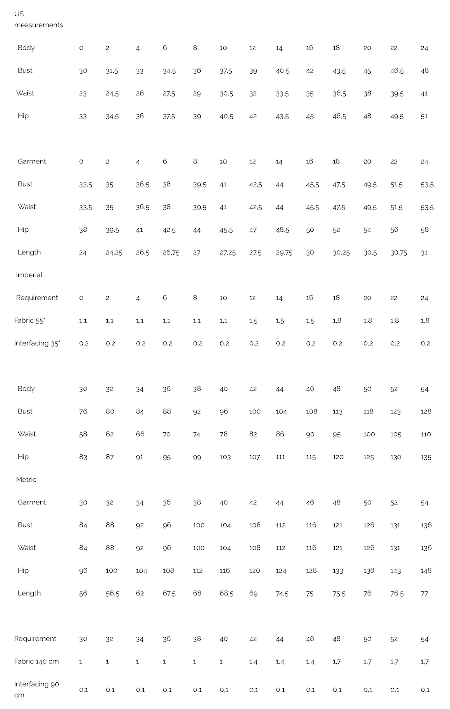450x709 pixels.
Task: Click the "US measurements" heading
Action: coord(38,19)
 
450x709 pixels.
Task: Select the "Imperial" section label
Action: coord(29,275)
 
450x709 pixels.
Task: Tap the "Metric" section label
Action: coord(26,479)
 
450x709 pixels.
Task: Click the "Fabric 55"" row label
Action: coord(30,320)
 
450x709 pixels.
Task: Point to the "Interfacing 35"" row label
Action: coord(37,343)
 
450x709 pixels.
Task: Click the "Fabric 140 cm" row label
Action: coord(36,661)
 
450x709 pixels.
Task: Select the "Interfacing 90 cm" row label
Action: coord(37,689)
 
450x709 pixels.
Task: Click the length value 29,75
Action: coord(284,253)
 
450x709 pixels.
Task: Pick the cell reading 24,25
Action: coord(114,253)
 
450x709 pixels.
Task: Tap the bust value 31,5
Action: coord(112,71)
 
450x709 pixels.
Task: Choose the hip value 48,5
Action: coord(282,230)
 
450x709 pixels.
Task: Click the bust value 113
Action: coord(337,412)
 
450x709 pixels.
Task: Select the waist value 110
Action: coord(426,434)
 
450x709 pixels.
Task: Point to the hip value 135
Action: coord(426,457)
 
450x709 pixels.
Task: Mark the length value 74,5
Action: coord(282,594)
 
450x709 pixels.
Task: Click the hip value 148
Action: coord(426,571)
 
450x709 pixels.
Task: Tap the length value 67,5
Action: coord(169,594)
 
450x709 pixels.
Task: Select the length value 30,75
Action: coord(398,253)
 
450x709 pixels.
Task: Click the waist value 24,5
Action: coord(112,94)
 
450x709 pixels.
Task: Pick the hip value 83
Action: coord(83,457)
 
